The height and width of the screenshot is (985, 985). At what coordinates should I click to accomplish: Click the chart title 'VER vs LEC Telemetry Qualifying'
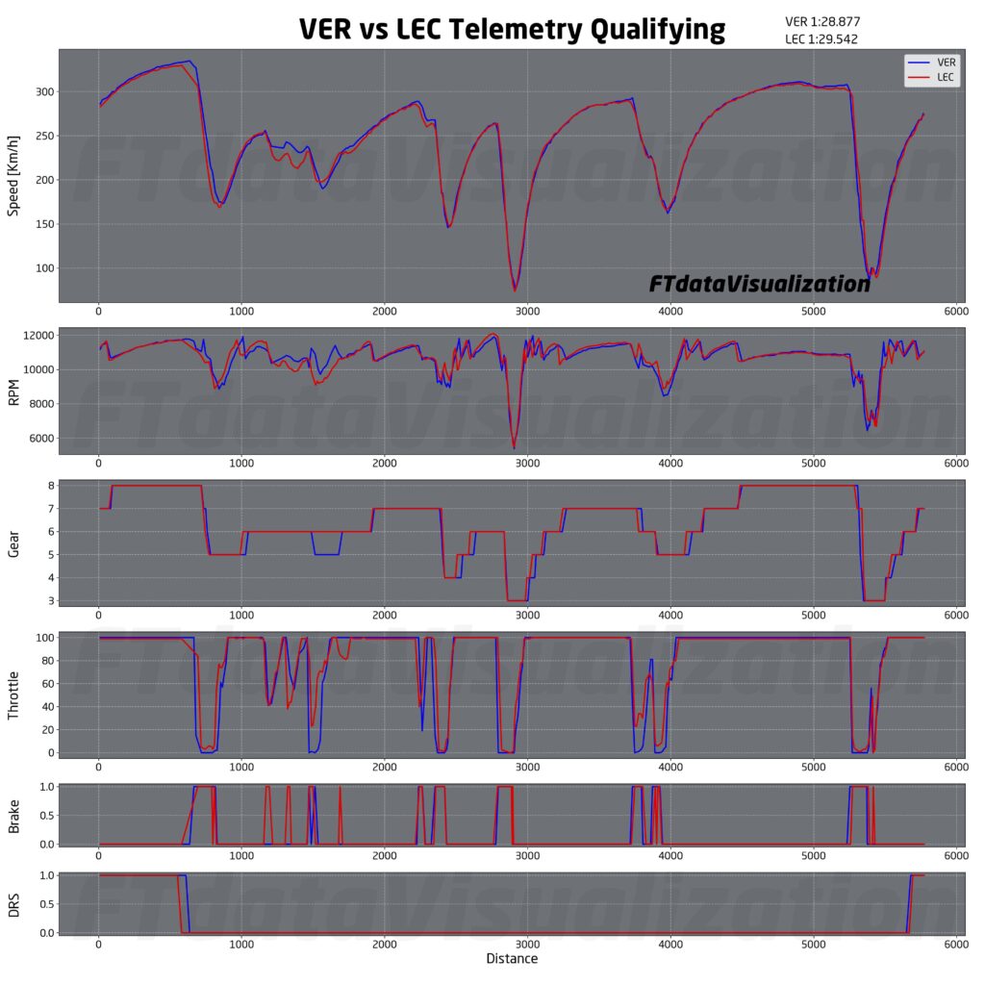click(x=512, y=29)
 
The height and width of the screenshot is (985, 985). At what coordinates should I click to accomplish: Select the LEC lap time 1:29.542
click(x=821, y=39)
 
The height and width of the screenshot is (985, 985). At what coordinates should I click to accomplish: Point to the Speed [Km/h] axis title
click(x=13, y=179)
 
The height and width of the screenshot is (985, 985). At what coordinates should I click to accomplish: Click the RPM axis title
click(x=13, y=390)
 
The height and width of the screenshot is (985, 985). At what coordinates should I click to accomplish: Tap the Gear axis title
click(x=13, y=543)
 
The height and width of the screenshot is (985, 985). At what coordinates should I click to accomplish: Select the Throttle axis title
click(x=13, y=695)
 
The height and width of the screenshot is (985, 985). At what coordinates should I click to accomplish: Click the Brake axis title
click(x=13, y=815)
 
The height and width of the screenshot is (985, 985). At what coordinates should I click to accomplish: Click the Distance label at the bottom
click(x=512, y=958)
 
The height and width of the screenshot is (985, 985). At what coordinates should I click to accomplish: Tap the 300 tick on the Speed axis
click(x=43, y=92)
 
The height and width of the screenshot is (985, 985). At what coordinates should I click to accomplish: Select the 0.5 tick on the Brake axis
click(x=42, y=816)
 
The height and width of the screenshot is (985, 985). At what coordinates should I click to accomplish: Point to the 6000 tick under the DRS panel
click(x=954, y=946)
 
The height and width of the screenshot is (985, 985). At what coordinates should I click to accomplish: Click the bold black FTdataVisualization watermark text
click(x=759, y=284)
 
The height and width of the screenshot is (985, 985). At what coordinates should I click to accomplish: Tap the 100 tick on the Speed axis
click(x=43, y=268)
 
